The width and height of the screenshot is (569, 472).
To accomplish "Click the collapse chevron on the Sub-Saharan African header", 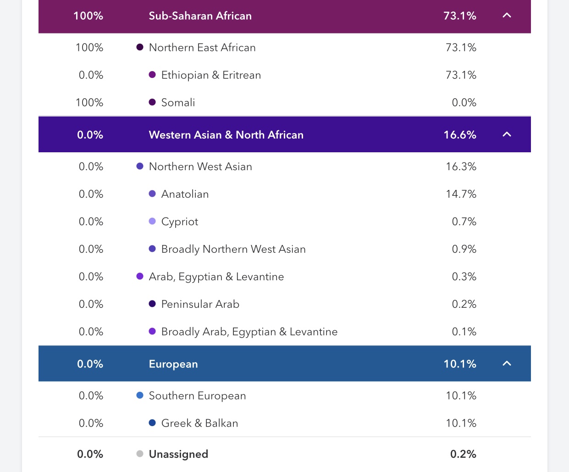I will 507,16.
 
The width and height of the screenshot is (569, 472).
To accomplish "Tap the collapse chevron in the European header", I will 507,364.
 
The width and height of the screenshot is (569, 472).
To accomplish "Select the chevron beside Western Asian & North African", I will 507,134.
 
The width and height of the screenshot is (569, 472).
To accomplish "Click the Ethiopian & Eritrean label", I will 211,75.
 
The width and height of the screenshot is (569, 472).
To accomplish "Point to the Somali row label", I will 178,103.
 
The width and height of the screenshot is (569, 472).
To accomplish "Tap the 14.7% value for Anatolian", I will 461,194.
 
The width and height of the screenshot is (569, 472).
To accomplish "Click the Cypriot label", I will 180,222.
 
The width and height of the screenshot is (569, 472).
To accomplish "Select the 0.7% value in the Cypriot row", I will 464,222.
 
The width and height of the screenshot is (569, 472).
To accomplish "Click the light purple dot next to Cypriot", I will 152,222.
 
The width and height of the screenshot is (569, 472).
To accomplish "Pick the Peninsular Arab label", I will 200,305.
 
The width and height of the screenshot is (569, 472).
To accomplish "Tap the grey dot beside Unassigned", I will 140,454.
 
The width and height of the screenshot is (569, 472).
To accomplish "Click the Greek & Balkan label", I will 199,423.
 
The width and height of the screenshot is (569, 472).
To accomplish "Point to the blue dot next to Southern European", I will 140,395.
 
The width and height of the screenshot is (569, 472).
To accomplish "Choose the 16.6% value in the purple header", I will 460,135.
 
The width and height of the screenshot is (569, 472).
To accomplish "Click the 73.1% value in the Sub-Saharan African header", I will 460,16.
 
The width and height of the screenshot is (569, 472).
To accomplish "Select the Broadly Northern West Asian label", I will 233,250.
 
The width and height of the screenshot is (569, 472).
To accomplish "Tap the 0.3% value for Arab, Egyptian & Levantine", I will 464,277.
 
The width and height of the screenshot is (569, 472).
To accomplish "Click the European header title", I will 173,364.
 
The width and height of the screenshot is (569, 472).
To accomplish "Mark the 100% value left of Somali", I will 89,103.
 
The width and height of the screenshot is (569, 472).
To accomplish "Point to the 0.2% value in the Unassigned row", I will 463,454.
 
